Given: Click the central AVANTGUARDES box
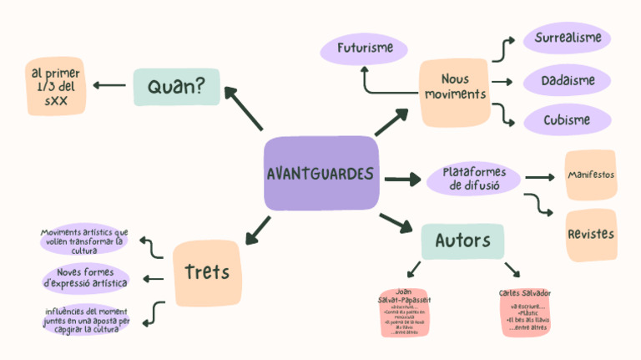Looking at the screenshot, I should coord(321,174).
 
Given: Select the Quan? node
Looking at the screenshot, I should coord(176,86).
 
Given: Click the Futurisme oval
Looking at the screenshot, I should coord(365,48).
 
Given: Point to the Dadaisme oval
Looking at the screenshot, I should coord(568,81).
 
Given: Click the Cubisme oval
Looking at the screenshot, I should coord(568,119).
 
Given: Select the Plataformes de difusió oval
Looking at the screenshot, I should coord(474,179).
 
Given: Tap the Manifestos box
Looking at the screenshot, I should coord(590,175).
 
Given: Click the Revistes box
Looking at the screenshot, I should coord(591,234).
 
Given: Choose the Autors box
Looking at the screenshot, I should coord(462,241).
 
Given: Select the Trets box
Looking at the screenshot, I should coord(206,272).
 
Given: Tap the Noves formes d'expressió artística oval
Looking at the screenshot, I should coord(85,278).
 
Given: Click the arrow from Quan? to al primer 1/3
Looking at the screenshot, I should coord(109,85).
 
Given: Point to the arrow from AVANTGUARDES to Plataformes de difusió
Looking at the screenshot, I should coord(402,178).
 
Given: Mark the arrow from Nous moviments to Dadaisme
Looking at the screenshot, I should coord(501,82).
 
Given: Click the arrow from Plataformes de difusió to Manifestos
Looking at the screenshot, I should coord(540,177).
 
